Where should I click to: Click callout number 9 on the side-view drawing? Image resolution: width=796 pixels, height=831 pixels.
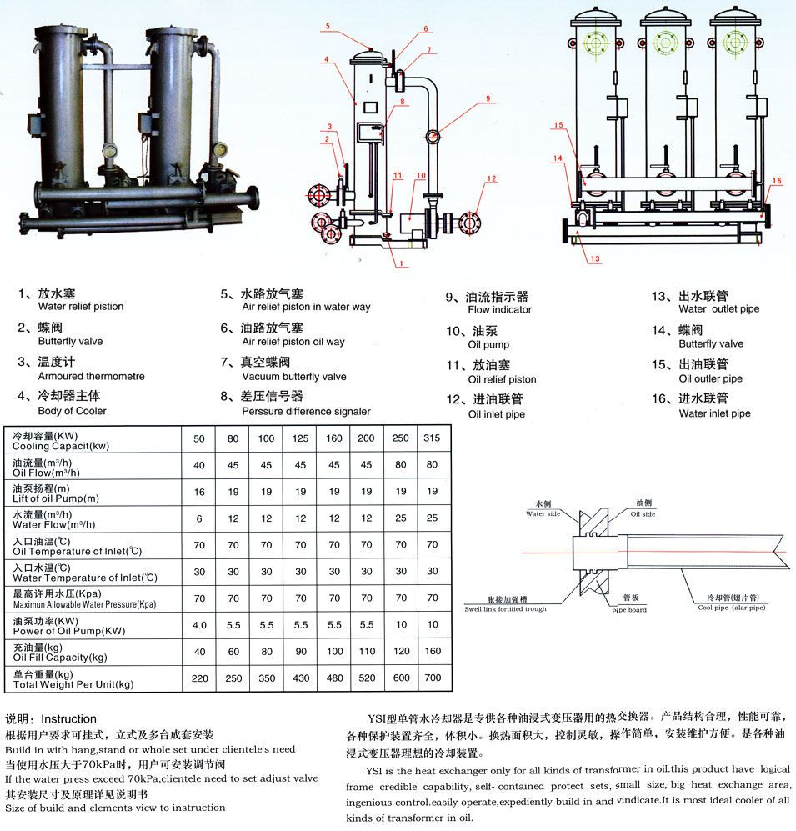pyautogui.click(x=489, y=98)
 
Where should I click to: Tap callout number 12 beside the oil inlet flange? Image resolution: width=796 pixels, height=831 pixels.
pyautogui.click(x=492, y=179)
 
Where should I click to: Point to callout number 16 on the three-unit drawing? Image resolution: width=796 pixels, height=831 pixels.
pyautogui.click(x=776, y=180)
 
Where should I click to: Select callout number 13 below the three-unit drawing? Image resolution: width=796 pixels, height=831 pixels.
pyautogui.click(x=594, y=259)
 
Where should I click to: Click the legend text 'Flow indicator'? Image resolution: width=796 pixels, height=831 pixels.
pyautogui.click(x=499, y=310)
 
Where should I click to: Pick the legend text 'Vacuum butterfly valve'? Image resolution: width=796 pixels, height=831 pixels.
pyautogui.click(x=293, y=377)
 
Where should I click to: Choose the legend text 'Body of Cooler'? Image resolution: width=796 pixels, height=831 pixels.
pyautogui.click(x=73, y=411)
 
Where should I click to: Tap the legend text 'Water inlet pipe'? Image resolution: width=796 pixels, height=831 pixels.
pyautogui.click(x=714, y=413)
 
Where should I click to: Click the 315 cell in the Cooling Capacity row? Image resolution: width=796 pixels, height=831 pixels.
pyautogui.click(x=433, y=439)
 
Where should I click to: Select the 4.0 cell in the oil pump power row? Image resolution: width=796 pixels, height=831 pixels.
pyautogui.click(x=199, y=625)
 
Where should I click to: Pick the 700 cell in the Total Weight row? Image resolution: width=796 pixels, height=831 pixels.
pyautogui.click(x=433, y=678)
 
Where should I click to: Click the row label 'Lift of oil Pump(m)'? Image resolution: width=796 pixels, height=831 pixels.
pyautogui.click(x=56, y=498)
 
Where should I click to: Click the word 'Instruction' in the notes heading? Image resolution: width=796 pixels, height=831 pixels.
pyautogui.click(x=68, y=718)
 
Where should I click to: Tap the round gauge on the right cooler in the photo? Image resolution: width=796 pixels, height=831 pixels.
pyautogui.click(x=220, y=151)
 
